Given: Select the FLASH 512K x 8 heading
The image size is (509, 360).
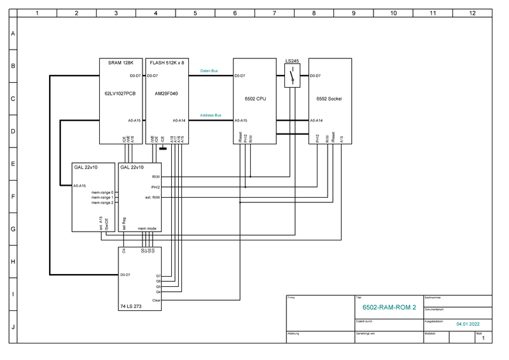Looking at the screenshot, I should click(x=166, y=63).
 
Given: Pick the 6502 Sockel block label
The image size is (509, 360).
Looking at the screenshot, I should click(x=330, y=100).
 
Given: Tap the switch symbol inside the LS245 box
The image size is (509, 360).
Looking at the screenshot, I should click(x=292, y=76).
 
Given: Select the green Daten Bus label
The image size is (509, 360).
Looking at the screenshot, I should click(x=209, y=71).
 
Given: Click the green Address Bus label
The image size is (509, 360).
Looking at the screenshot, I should click(x=211, y=115).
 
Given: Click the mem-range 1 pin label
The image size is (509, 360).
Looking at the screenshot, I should click(x=102, y=197).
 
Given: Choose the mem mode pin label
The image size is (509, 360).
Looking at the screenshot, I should click(x=147, y=228).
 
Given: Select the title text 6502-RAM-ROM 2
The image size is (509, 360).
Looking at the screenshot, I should click(x=389, y=308).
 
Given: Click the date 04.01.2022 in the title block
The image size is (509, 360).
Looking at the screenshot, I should click(x=468, y=324).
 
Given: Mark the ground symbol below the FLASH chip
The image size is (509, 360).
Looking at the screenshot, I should click(x=164, y=149).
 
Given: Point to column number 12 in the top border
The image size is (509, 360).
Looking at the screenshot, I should click(x=471, y=13).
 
